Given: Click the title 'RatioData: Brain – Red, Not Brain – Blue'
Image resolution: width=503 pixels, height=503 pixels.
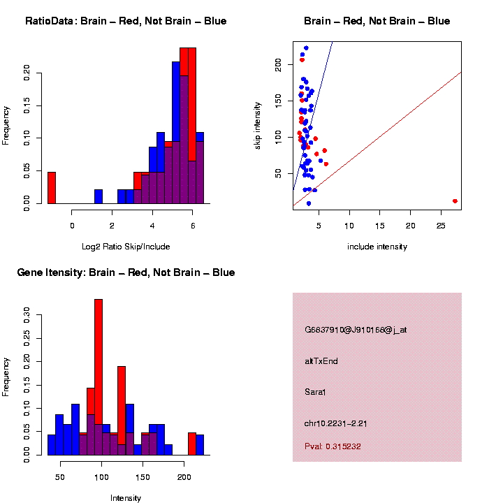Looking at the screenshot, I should click(126, 21).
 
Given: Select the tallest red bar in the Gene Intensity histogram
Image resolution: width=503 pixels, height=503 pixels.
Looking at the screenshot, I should click(99, 377).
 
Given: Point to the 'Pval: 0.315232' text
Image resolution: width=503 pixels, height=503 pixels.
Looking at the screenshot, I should click(333, 446).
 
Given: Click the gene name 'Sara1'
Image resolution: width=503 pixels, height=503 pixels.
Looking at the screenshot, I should click(315, 392).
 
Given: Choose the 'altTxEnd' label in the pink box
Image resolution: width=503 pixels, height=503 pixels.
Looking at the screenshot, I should click(321, 361).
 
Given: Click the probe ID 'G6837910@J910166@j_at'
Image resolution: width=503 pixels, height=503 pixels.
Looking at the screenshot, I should click(356, 330).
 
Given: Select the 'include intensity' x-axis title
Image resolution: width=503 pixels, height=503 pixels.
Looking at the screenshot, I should click(377, 247).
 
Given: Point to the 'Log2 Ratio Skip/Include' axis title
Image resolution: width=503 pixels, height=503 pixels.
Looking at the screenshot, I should click(126, 247).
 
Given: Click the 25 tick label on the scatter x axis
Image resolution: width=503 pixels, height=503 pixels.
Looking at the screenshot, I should click(441, 226).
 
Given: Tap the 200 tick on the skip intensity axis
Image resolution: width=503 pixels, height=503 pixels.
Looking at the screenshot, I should click(279, 63).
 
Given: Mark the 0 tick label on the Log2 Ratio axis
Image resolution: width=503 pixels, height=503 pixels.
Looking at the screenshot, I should click(72, 225).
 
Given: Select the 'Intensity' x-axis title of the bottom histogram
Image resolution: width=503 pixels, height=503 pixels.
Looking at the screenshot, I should click(126, 498).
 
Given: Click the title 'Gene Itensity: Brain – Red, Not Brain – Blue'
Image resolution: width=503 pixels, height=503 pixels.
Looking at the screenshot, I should click(126, 272).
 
